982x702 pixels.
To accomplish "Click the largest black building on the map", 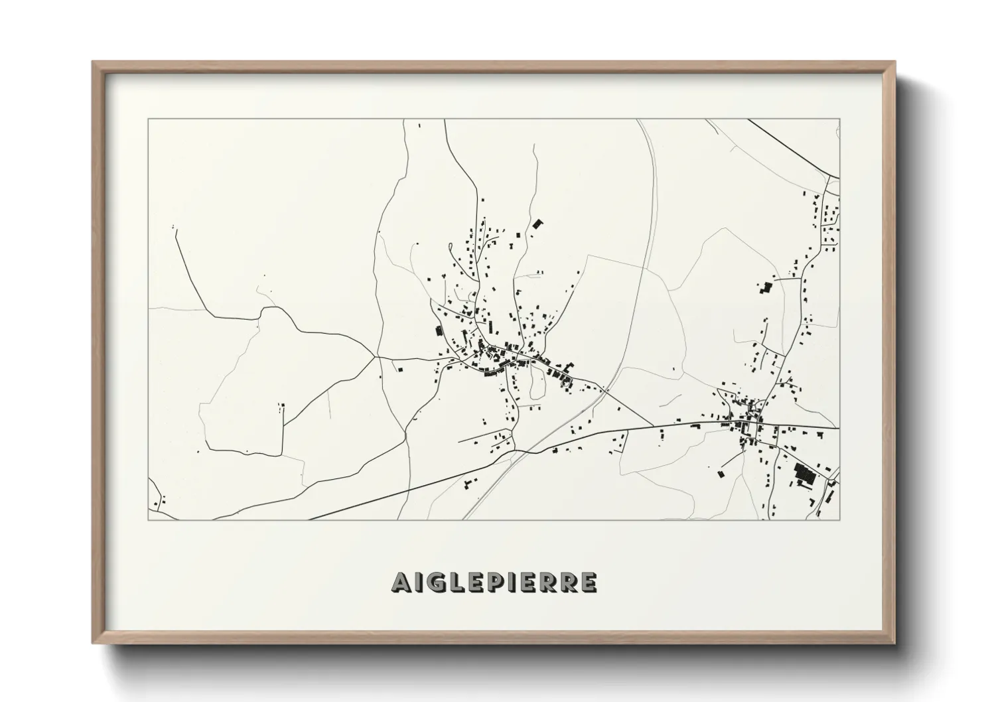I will pos(806,474).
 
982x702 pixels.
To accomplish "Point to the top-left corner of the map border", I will pos(148,119).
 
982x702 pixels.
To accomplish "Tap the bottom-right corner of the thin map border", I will pos(840,520).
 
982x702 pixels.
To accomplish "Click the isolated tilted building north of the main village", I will pos(537,224).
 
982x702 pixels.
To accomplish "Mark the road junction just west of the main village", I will pos(377,357).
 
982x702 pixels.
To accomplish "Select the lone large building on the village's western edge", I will pos(438,330).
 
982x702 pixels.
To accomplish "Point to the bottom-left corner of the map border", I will pos(148,520).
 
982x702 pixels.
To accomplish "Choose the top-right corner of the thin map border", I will pos(840,119).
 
